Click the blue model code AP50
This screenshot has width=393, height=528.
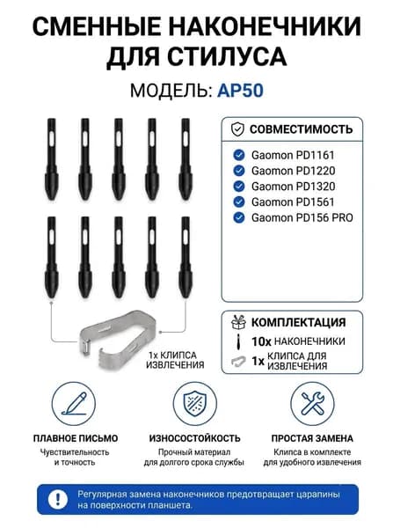(240, 91)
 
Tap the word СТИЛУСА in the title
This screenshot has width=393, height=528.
(227, 56)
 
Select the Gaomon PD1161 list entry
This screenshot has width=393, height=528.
(293, 155)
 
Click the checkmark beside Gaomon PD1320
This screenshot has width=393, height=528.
(239, 187)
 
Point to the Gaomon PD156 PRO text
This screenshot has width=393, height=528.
(302, 217)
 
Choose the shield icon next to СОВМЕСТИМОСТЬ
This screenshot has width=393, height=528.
(238, 129)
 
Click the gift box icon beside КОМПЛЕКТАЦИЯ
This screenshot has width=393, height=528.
(238, 322)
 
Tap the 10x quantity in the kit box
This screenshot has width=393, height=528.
(261, 341)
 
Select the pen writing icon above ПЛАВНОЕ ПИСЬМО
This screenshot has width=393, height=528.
(74, 404)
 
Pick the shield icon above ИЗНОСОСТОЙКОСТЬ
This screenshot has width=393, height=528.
(195, 404)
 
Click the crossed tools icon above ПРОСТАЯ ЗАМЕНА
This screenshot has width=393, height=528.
(312, 404)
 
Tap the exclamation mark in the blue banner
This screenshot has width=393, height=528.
(58, 499)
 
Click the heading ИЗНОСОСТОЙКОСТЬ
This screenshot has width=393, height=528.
(195, 438)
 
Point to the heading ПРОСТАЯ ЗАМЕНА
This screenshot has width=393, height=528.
(312, 438)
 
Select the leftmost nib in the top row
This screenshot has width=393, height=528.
(52, 159)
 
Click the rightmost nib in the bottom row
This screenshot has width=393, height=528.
(186, 258)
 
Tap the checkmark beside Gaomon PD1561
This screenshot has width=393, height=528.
(239, 202)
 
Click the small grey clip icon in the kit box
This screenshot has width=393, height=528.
(238, 361)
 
